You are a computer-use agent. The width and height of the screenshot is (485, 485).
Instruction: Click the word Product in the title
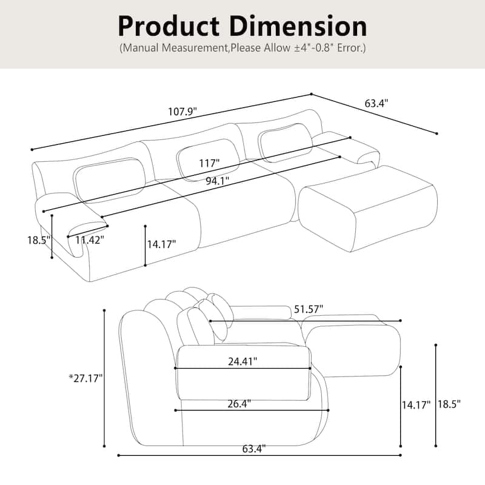tap(169, 27)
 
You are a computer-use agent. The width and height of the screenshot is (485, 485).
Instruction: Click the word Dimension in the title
tap(298, 26)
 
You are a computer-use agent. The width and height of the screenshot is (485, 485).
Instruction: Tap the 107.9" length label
tap(182, 111)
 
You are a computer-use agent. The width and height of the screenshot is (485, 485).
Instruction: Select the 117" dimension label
tap(209, 163)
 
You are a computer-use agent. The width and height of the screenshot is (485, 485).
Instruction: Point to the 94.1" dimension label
tap(218, 181)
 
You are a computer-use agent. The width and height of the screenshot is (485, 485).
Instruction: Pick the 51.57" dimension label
tap(309, 309)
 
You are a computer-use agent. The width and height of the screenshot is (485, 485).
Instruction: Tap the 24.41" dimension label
tap(242, 361)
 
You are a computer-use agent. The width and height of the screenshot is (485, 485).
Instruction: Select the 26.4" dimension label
tap(239, 404)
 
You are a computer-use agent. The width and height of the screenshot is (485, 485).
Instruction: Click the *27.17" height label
tap(85, 378)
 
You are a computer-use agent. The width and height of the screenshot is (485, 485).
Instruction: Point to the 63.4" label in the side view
tap(254, 449)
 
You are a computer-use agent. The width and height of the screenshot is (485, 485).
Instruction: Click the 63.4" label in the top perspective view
tap(376, 103)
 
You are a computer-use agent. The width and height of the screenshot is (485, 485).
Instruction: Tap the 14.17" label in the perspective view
tap(161, 244)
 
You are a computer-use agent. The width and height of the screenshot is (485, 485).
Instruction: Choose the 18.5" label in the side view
tap(449, 404)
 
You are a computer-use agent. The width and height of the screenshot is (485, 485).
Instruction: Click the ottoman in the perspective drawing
tap(368, 207)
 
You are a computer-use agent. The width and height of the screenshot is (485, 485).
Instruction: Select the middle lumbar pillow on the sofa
tap(208, 159)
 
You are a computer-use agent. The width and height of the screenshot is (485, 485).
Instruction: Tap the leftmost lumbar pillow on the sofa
tap(110, 179)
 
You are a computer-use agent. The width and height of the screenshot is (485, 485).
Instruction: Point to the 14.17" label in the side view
tap(416, 404)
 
